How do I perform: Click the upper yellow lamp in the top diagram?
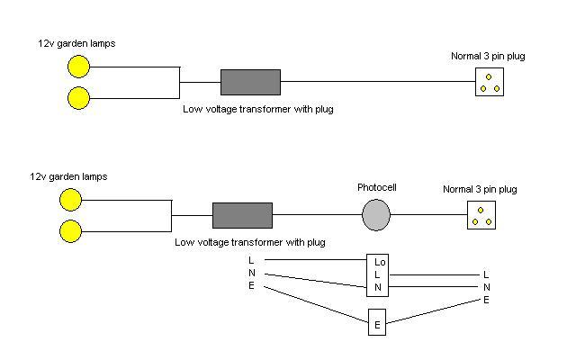79,67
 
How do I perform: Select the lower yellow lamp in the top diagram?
79,97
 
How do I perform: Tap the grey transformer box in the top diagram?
250,82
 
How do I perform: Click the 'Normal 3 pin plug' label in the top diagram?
488,57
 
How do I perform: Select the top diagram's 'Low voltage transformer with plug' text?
250,108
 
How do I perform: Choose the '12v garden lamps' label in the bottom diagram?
68,176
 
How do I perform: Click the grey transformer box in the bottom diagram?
242,216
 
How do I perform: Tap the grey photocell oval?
376,216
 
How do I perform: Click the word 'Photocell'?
377,188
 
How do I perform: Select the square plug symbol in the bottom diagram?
481,216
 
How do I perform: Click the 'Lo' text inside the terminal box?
379,263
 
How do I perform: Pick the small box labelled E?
377,322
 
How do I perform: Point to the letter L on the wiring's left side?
251,260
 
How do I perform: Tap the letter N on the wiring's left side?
251,273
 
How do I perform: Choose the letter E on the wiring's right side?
486,300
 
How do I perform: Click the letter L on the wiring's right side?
486,274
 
